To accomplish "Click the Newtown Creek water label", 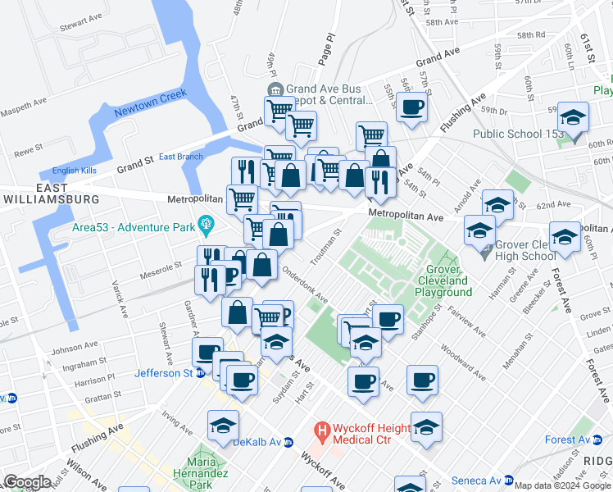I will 150,102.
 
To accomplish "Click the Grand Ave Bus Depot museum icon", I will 275,89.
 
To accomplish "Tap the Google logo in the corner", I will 27,481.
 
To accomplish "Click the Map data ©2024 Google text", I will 562,485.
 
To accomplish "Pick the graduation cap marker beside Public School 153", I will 573,116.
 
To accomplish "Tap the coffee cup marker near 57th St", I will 412,107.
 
